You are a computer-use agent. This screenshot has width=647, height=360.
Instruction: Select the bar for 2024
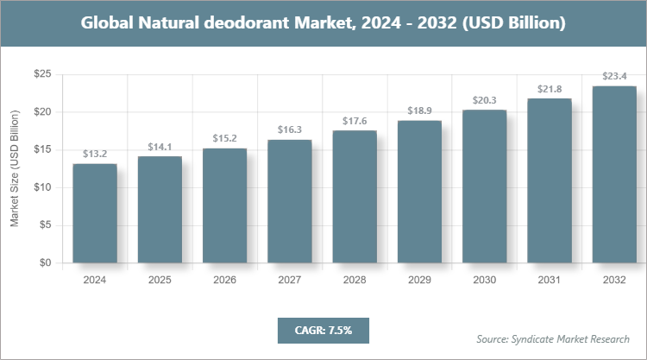(94, 213)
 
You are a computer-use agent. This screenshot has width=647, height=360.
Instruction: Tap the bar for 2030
(484, 186)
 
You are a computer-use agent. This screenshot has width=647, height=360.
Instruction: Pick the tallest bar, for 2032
(614, 174)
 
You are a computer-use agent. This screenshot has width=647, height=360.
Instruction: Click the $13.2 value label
(94, 154)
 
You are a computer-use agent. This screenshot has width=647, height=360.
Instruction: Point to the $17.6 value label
(355, 121)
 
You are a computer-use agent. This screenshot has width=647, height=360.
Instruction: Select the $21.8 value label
(550, 89)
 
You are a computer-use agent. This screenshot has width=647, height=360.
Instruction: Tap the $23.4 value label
(614, 77)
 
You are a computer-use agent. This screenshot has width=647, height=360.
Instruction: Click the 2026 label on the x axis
(224, 280)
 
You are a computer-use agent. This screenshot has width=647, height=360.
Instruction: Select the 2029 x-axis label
(419, 280)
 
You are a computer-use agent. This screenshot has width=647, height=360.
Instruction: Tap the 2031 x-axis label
(550, 280)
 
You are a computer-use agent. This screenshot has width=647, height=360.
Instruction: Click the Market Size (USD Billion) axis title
(15, 168)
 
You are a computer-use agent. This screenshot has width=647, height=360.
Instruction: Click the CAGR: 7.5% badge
(322, 329)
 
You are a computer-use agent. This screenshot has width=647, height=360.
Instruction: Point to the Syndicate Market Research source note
(553, 338)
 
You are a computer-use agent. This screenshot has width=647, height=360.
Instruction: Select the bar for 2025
(160, 210)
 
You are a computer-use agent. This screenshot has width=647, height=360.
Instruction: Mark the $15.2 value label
(224, 138)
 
